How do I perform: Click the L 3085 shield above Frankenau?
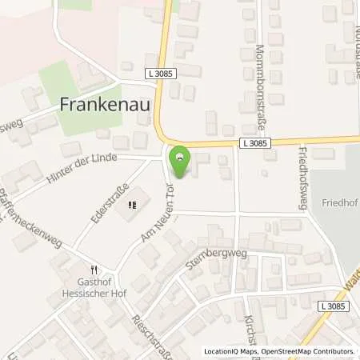coord(163,73)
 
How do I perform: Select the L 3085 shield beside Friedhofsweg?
coord(255,142)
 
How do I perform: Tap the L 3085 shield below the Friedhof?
coord(335,306)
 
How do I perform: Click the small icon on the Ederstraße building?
coord(132,204)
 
